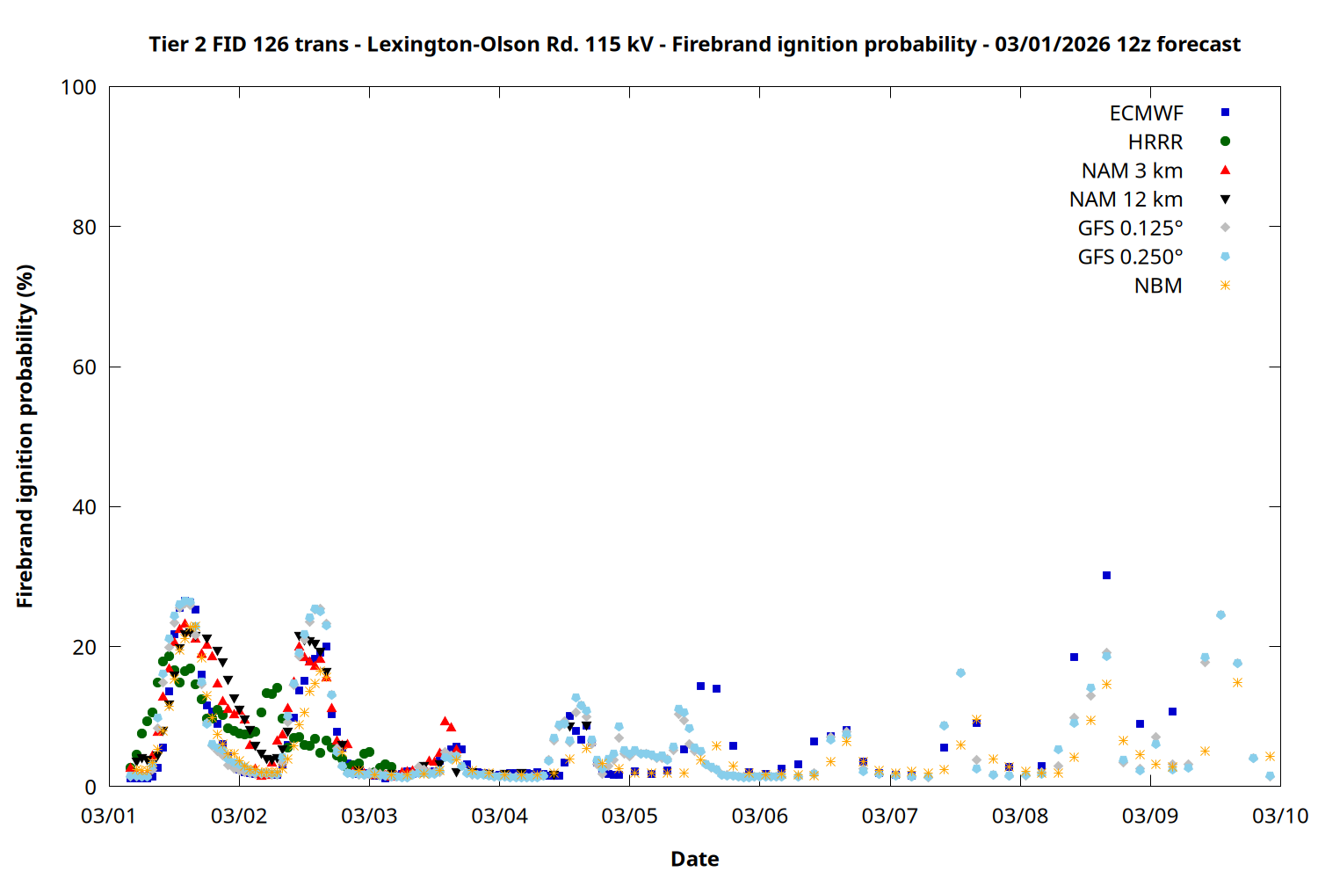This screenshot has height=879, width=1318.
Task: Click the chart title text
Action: pyautogui.click(x=694, y=44)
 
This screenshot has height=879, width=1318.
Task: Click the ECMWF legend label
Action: pyautogui.click(x=1146, y=113)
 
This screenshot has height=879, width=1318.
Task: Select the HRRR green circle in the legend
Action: pyautogui.click(x=1225, y=142)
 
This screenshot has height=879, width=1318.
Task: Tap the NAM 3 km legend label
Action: pyautogui.click(x=1132, y=171)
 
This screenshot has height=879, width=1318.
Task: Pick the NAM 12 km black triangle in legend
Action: pyautogui.click(x=1225, y=200)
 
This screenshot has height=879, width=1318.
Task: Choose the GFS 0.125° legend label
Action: pyautogui.click(x=1130, y=229)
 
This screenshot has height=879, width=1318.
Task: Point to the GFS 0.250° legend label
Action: pyautogui.click(x=1130, y=258)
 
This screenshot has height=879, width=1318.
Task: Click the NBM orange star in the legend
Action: pyautogui.click(x=1225, y=286)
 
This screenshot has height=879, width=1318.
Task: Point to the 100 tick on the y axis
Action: pyautogui.click(x=78, y=87)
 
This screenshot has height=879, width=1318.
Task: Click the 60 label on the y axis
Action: pyautogui.click(x=84, y=367)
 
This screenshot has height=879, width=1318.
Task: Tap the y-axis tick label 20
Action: pyautogui.click(x=84, y=647)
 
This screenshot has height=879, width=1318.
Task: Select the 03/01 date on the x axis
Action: pyautogui.click(x=108, y=816)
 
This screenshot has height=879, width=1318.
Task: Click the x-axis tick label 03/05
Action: pyautogui.click(x=629, y=816)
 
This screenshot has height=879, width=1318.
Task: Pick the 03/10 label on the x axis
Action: pyautogui.click(x=1280, y=816)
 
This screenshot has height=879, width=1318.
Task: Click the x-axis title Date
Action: pyautogui.click(x=694, y=859)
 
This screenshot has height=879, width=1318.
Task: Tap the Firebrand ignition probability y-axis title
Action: pyautogui.click(x=25, y=436)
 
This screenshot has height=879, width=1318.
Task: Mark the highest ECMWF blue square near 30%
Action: pyautogui.click(x=1106, y=576)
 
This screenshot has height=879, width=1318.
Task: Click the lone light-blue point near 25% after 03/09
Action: pyautogui.click(x=1220, y=615)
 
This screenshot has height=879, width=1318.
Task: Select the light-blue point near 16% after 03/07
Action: pyautogui.click(x=960, y=673)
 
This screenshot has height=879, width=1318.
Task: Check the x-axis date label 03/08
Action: pyautogui.click(x=1020, y=816)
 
